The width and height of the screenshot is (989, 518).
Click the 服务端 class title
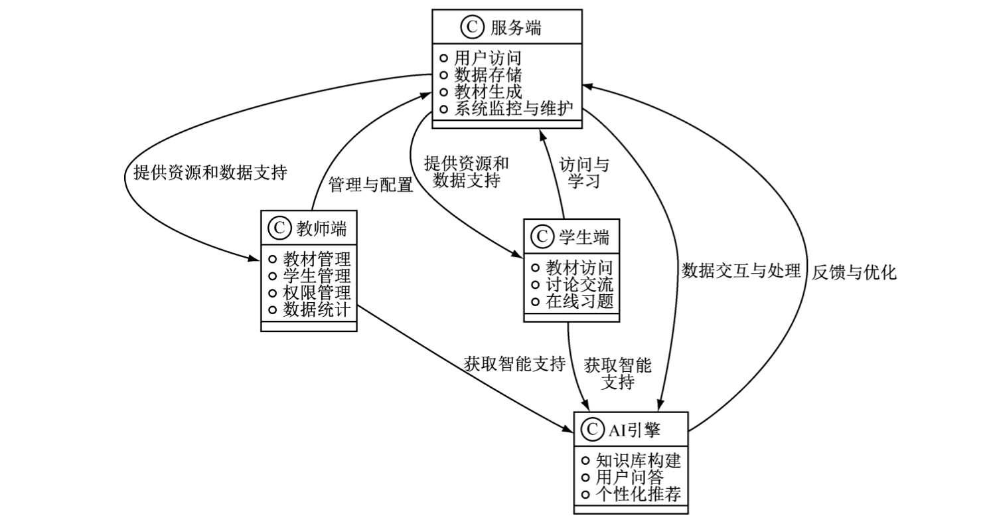click(x=516, y=28)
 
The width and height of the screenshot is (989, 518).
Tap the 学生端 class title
click(x=583, y=236)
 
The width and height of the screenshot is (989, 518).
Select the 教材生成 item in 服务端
click(x=488, y=91)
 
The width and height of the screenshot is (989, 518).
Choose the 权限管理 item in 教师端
click(x=317, y=292)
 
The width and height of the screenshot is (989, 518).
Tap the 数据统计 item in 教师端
click(x=317, y=309)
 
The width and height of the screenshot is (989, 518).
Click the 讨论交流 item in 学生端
click(x=579, y=285)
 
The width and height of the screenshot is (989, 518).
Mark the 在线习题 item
click(x=579, y=302)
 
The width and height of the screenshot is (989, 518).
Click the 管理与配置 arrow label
click(x=371, y=185)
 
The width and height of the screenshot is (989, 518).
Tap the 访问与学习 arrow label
click(x=584, y=173)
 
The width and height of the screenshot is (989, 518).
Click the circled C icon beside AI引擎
click(x=591, y=430)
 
